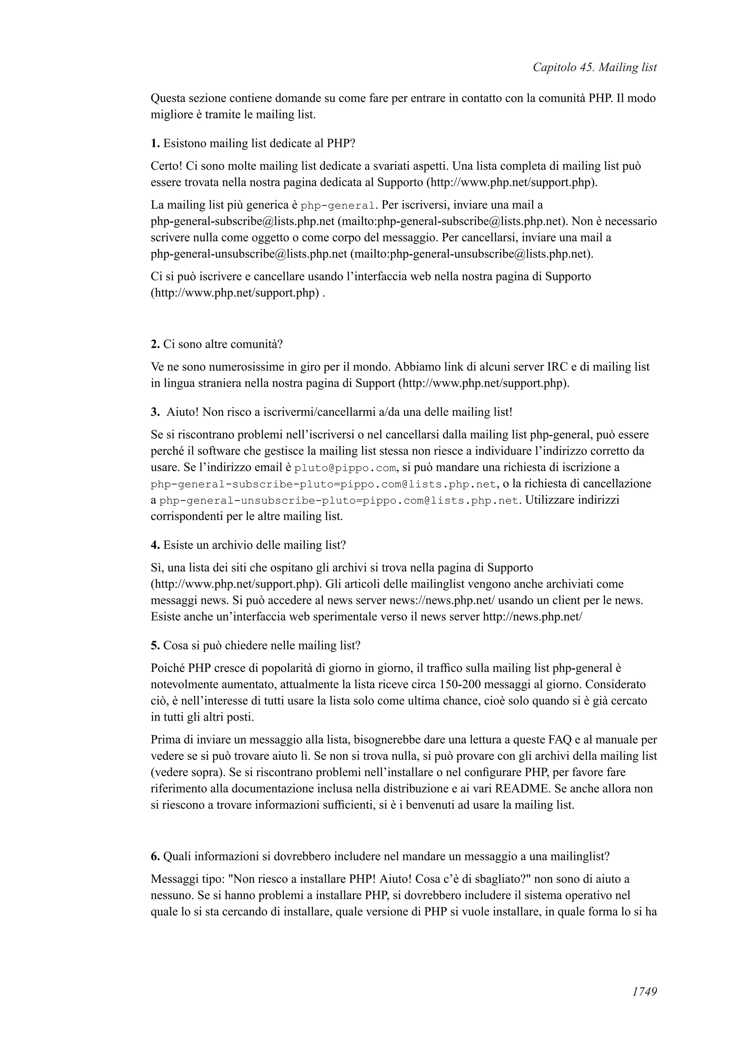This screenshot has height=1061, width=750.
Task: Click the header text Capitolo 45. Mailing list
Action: click(x=594, y=67)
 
